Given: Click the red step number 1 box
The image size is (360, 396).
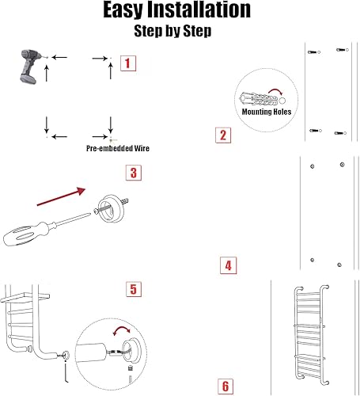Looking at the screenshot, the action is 128,63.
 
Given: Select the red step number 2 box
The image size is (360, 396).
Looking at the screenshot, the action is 223,135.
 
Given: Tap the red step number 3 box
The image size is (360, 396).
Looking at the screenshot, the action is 134,173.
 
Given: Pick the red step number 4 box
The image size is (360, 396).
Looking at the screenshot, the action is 229,265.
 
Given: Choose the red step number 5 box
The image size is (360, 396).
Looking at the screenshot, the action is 134,289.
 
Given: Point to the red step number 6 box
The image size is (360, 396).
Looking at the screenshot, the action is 225,386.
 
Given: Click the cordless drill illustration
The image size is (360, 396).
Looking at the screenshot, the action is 30,67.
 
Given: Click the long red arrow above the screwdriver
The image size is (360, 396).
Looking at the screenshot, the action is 61,196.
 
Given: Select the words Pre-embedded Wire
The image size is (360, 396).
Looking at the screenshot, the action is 118,148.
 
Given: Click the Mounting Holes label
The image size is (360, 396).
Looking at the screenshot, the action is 267,112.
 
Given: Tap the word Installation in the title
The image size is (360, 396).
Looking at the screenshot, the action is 199,10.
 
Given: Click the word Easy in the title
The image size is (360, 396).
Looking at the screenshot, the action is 123,10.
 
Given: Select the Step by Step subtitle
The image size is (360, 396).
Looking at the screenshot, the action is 172,31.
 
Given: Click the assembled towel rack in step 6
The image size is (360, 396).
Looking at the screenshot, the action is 312,335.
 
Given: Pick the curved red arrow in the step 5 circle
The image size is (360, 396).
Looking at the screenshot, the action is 122,329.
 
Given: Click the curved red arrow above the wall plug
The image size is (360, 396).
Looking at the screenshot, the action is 275,91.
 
